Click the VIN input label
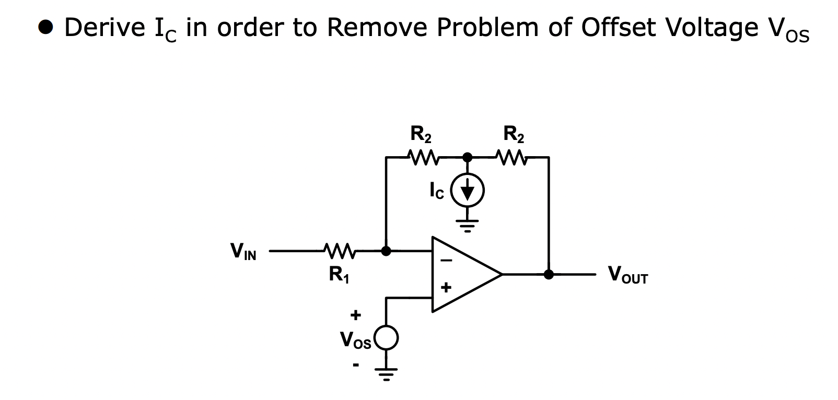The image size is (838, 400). tap(243, 252)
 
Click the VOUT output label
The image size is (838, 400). tap(627, 275)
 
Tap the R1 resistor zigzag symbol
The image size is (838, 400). tap(340, 251)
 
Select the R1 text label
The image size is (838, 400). tap(339, 274)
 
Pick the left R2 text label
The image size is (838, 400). tap(421, 135)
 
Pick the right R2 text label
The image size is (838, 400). tap(514, 135)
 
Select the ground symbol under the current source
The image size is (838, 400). tap(468, 225)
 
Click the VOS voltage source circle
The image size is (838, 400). tap(386, 338)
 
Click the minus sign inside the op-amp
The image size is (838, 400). tap(447, 262)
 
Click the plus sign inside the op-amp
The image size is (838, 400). tap(446, 287)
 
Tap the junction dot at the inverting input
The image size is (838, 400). tap(386, 251)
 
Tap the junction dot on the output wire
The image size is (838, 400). tap(549, 274)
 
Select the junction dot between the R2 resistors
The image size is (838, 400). tap(468, 157)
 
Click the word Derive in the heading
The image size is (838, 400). tap(104, 27)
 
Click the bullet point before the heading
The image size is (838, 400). tap(46, 27)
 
